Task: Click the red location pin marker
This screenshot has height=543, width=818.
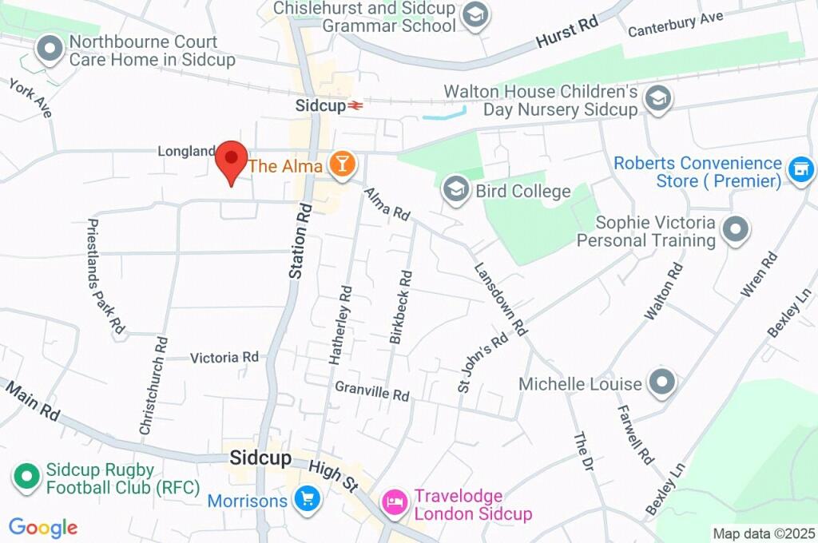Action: (x=232, y=160)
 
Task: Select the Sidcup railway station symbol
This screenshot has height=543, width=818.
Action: (x=355, y=105)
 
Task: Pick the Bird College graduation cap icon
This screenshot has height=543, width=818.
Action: (x=456, y=191)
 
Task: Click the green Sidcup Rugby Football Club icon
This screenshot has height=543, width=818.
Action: (x=26, y=478)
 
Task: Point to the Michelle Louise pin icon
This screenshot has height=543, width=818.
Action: (x=662, y=384)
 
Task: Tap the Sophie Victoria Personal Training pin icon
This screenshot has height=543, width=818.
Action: (x=735, y=230)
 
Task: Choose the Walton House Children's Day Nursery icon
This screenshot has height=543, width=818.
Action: (x=659, y=100)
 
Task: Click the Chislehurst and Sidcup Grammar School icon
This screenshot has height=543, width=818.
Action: (x=476, y=16)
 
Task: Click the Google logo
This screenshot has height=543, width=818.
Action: (x=43, y=528)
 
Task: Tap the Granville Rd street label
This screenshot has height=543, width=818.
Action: (x=371, y=391)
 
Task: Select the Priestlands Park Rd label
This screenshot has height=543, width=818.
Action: (x=105, y=276)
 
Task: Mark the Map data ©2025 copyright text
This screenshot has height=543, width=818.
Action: (x=764, y=533)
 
